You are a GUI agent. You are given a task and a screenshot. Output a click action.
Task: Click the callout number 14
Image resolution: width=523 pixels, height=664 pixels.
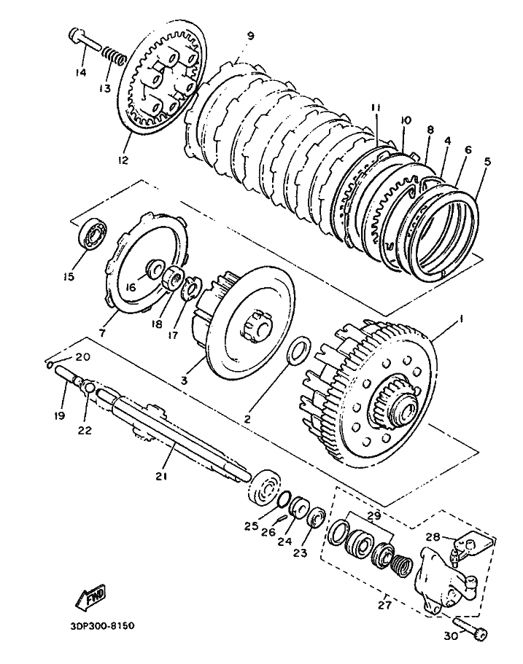click(80, 72)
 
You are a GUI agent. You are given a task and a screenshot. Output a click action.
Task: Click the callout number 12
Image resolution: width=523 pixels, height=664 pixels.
click(123, 160)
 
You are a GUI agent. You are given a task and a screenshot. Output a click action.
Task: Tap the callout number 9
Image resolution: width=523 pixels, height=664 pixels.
click(250, 36)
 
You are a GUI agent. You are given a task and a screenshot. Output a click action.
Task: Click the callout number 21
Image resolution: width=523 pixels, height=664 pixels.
click(161, 477)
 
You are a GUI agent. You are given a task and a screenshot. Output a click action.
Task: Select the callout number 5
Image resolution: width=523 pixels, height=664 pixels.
click(487, 161)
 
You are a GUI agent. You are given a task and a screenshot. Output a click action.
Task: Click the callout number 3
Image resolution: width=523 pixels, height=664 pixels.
click(184, 380)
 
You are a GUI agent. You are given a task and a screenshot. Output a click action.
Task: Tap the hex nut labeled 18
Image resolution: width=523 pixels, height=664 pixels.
click(174, 278)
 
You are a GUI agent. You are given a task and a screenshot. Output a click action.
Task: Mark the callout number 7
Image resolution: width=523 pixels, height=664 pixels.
click(102, 333)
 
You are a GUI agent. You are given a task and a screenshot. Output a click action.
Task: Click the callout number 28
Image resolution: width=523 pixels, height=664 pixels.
click(433, 537)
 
